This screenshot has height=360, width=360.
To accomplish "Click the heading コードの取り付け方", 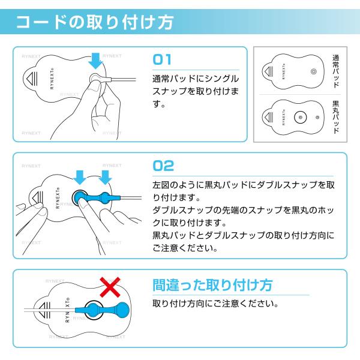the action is [x=95, y=22].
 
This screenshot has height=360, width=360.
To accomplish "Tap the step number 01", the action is [x=162, y=59].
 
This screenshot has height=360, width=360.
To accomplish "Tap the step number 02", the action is [x=163, y=166].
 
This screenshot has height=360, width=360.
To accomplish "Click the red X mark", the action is [x=110, y=287].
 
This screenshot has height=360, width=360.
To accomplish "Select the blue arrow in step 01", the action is [x=95, y=61].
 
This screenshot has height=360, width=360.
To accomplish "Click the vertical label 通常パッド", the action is [x=335, y=71].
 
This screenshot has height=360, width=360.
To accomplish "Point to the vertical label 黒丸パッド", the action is [x=335, y=117].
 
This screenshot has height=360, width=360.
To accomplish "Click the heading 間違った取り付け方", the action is [x=212, y=285].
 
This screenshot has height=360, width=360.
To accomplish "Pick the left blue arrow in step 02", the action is [x=80, y=177].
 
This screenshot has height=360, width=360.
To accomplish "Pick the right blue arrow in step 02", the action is [x=105, y=177].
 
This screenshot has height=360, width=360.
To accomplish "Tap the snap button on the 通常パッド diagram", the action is [x=314, y=71].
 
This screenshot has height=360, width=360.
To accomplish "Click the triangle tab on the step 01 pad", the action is [x=31, y=79].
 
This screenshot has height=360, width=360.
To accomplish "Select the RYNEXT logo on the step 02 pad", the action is [x=58, y=198].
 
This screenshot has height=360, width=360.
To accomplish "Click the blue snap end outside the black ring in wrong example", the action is [x=122, y=310].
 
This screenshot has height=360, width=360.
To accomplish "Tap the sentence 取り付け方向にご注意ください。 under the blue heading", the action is [x=215, y=304].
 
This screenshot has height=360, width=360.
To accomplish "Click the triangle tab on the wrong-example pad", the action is [x=44, y=310].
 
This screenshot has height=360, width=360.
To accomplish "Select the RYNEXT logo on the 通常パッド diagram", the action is [x=284, y=71].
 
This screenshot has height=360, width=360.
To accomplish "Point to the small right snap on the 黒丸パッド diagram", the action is [x=317, y=118].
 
